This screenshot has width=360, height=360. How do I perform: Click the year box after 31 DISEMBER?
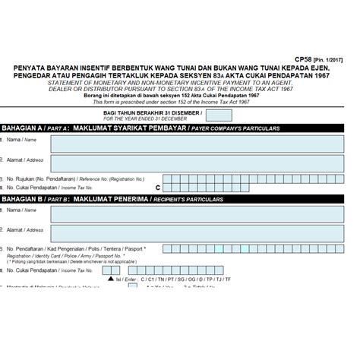coord(219,115)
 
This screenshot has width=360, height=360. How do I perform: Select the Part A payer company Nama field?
coord(205,141)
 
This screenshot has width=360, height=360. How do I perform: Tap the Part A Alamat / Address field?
coord(205,161)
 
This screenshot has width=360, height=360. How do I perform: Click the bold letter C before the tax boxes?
coord(158,186)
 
